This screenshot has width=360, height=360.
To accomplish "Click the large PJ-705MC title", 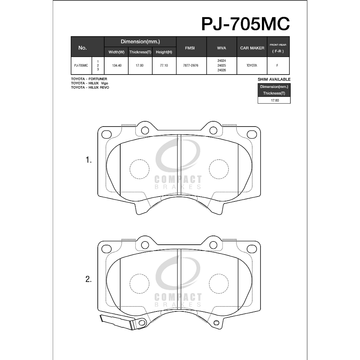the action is [x=245, y=24].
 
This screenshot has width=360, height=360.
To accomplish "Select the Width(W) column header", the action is [x=116, y=52].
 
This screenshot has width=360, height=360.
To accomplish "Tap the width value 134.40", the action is [x=117, y=65].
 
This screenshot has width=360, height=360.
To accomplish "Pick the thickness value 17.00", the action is [x=139, y=65].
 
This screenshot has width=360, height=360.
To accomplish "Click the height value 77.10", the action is [x=164, y=65].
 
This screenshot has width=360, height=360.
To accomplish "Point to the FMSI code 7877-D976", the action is [x=191, y=65].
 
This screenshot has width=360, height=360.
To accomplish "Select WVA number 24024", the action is [x=221, y=61].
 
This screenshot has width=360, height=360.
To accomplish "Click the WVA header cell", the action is [x=221, y=48].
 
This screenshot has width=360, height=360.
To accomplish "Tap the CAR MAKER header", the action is [x=252, y=48].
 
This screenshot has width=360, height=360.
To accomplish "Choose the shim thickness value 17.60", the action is [x=275, y=100].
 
